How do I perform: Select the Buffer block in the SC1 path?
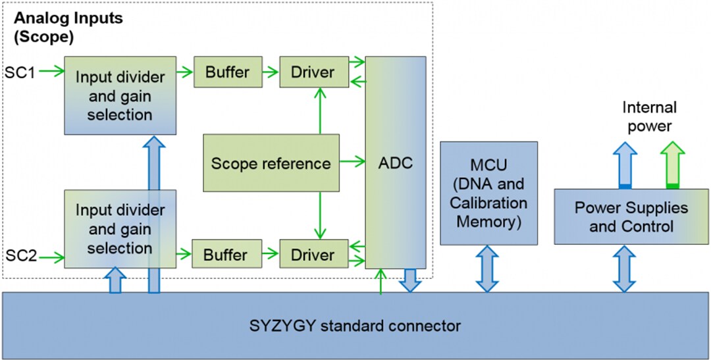coord(227,72)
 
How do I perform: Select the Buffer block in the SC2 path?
coord(226,254)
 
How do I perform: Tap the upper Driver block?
coord(313,72)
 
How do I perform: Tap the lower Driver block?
coord(313,254)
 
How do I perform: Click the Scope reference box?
coord(271,163)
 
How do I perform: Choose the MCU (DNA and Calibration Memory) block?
coord(488,193)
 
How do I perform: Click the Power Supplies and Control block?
coord(631,217)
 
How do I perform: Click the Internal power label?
coord(649,116)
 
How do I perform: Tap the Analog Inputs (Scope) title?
coord(68,27)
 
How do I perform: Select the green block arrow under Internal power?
coord(672,165)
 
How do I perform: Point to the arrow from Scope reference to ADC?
coord(352,160)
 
